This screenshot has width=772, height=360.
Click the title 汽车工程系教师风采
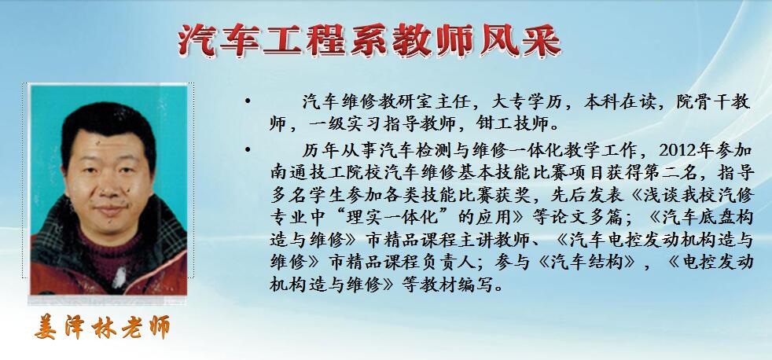point(369,40)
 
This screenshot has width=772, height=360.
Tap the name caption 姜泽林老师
point(102,326)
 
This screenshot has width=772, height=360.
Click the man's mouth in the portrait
point(109,210)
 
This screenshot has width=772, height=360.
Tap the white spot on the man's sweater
point(119,277)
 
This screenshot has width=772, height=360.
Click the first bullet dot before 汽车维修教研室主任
point(247,102)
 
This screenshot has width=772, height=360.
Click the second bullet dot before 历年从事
point(247,149)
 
